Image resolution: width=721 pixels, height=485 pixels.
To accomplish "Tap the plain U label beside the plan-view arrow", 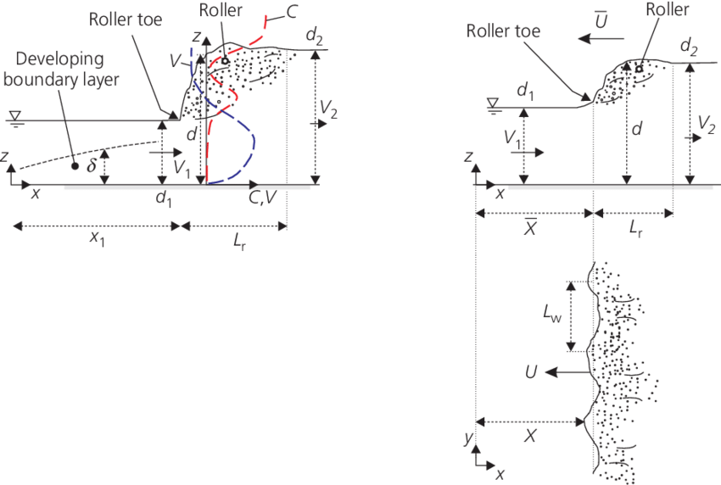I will (534, 372).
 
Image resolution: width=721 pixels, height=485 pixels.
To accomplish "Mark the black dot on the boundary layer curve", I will (75, 166).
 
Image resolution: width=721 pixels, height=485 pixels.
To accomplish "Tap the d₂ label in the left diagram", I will (314, 38).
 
